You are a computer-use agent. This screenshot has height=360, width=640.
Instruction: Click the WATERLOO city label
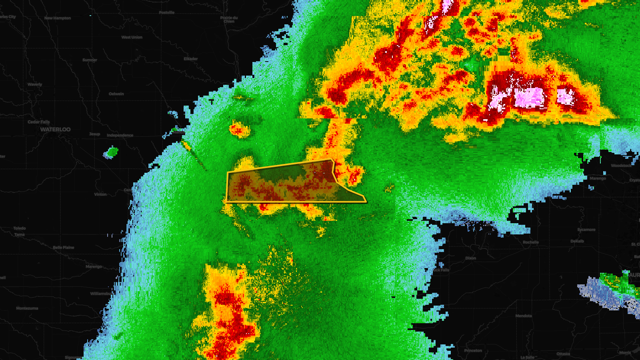point(55,130)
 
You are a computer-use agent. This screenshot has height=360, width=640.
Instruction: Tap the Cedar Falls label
point(39,122)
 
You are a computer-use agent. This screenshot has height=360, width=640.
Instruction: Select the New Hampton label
point(58,18)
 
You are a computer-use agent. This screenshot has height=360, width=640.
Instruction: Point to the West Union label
point(132,37)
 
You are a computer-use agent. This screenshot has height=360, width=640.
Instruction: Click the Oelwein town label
point(116,94)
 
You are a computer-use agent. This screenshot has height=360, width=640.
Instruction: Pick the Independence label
point(120,135)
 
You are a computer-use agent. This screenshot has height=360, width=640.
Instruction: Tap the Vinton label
point(100,194)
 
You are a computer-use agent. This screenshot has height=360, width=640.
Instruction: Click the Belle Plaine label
point(64,248)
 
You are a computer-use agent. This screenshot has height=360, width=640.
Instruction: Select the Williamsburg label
point(101,294)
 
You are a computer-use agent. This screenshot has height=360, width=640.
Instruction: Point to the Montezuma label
point(27,308)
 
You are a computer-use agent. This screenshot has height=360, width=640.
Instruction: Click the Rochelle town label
point(531,242)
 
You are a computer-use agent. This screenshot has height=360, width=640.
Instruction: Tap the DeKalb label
point(577,241)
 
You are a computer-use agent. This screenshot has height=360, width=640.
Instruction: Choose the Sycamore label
point(586,230)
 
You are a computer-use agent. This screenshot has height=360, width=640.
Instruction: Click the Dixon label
point(471,258)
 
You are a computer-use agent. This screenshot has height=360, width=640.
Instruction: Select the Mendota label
point(524,316)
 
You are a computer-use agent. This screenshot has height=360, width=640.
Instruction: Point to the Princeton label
point(473,351)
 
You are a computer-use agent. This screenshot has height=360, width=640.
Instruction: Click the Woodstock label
point(621,166)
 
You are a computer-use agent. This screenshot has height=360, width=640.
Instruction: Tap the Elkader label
point(191,59)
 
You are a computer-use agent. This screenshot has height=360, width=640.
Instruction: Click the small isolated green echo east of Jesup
point(111,152)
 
